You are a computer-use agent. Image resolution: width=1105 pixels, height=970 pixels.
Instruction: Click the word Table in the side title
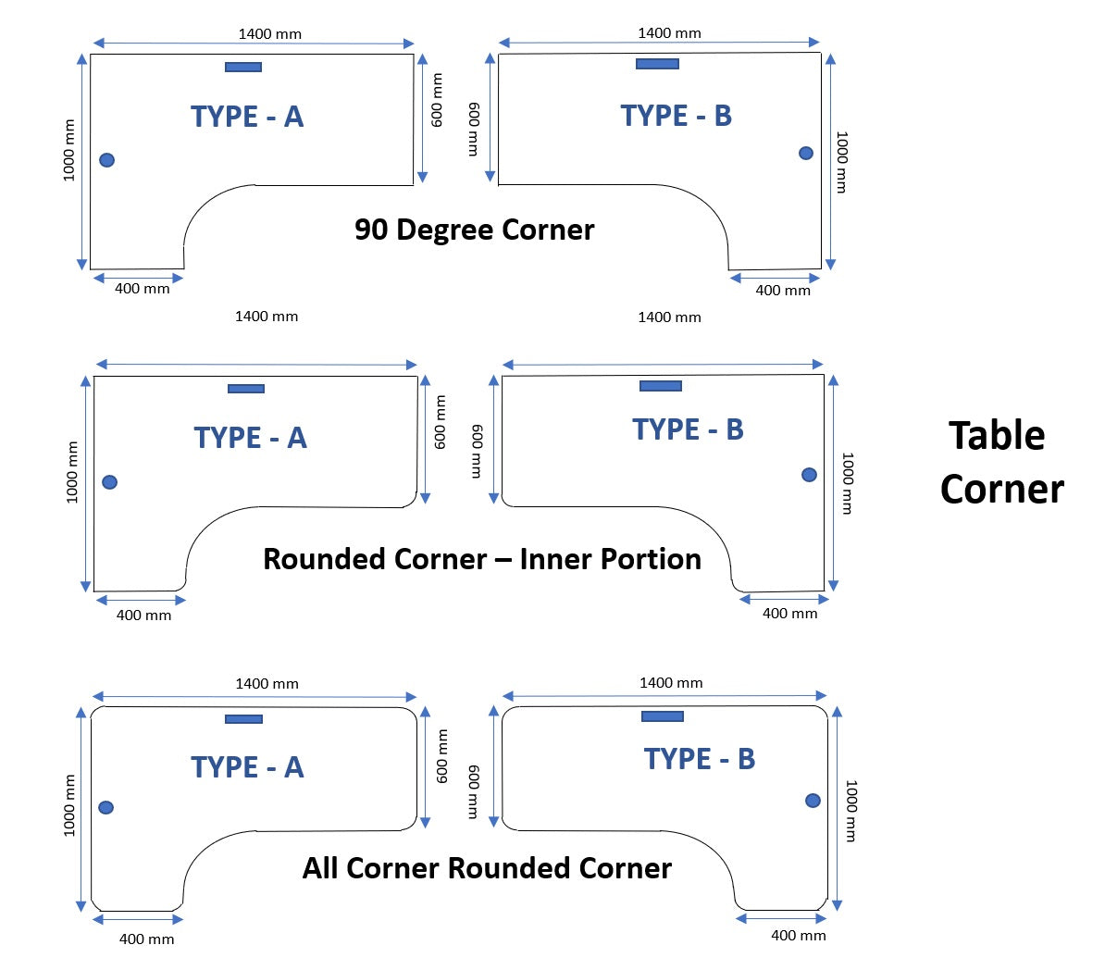point(997,436)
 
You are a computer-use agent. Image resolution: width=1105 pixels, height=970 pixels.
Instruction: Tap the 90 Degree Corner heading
point(474,230)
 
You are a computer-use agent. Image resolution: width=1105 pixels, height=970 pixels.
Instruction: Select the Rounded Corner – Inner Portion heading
point(481,559)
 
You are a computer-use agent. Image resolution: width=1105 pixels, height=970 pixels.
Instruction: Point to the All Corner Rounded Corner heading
point(487,868)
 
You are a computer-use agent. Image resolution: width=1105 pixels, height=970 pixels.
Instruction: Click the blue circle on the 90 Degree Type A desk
point(107,160)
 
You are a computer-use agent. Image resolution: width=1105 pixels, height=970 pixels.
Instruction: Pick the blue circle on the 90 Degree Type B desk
point(806,153)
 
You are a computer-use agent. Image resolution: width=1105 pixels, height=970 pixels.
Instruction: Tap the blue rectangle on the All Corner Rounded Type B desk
point(663,716)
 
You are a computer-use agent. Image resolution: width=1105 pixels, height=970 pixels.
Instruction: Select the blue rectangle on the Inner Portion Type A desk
point(246,389)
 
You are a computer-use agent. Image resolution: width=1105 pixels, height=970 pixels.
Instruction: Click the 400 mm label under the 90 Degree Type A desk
point(143,289)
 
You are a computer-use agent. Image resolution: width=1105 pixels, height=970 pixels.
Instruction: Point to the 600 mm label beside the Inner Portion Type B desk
point(477,451)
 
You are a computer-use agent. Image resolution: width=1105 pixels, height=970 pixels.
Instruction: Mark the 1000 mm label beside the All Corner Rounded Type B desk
point(850,811)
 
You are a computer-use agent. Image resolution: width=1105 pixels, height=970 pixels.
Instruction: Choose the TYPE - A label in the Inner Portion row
point(250,438)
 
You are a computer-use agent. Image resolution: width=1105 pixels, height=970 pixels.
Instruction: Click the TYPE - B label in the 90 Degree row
point(676,116)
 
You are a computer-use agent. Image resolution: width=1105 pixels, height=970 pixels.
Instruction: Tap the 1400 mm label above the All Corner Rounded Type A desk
point(267,684)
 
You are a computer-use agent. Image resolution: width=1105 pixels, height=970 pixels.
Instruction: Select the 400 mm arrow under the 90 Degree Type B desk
point(775,277)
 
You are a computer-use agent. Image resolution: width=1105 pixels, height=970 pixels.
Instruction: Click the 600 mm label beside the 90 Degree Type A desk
point(438,100)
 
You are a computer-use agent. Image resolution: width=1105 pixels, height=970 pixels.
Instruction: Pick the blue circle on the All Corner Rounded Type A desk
point(106,807)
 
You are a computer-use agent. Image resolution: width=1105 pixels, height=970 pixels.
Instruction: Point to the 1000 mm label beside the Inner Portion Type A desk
point(72,472)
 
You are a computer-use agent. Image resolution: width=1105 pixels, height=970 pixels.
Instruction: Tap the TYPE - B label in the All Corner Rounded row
point(700,759)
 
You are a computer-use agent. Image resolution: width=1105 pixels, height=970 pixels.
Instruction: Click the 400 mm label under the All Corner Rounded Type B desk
point(798,936)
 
